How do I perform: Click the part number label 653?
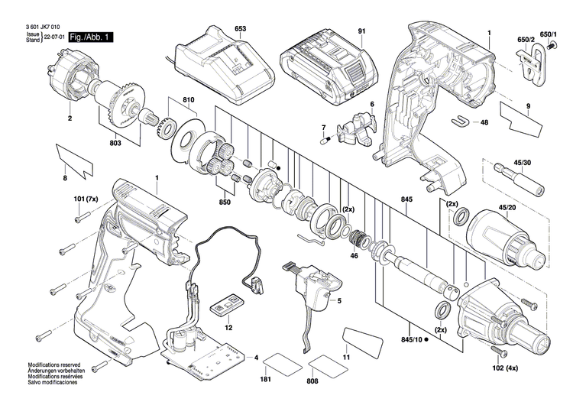tap(240, 29)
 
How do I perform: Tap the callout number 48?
tap(484, 122)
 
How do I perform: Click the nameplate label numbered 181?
tap(265, 380)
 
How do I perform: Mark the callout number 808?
tap(312, 380)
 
